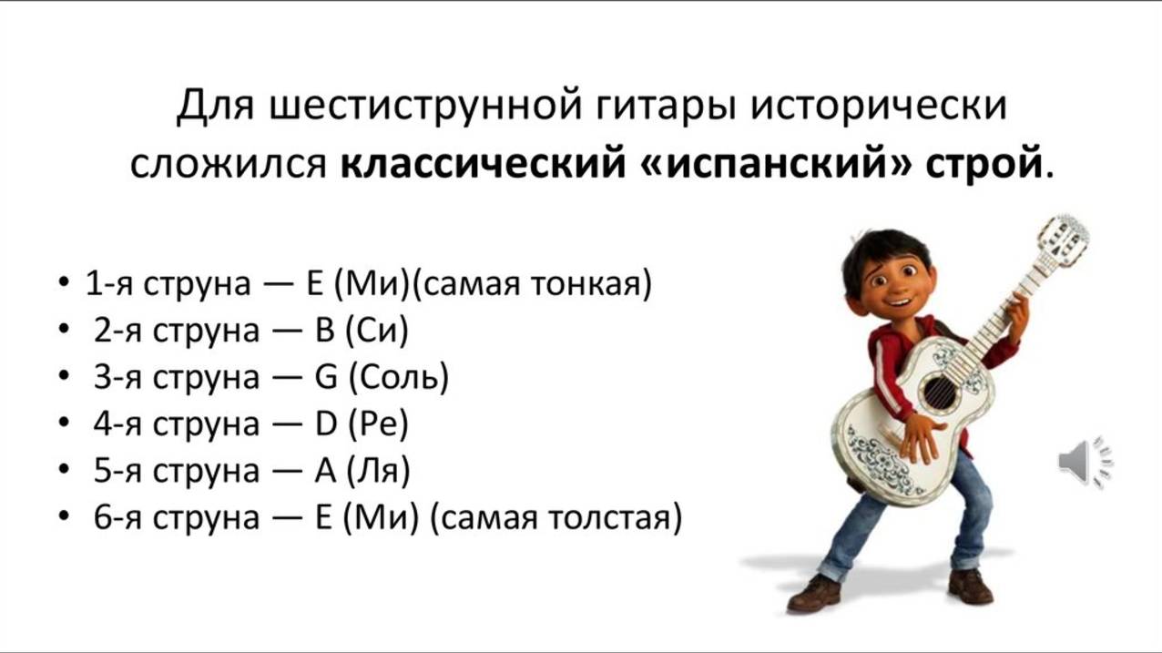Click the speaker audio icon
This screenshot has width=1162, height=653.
1085,462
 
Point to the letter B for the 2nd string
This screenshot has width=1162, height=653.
325,331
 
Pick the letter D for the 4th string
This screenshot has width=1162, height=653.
326,424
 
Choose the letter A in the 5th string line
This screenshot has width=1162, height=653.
325,472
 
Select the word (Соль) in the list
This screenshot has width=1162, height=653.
398,377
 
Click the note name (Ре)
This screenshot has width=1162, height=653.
379,424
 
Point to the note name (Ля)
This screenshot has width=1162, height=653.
379,472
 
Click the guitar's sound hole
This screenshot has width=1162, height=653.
938,392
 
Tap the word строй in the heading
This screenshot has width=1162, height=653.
983,164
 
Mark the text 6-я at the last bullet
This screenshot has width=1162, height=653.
117,518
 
